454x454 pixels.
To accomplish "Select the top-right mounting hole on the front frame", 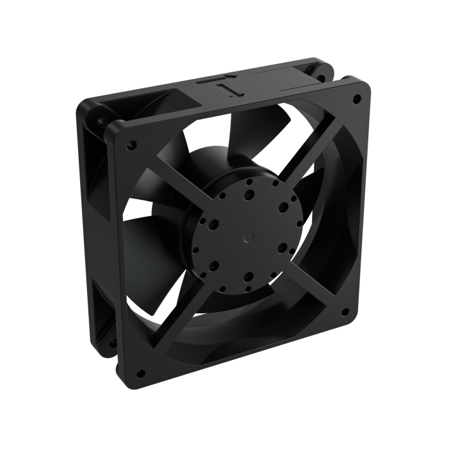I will pos(358,99).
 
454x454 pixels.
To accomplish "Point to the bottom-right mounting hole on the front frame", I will pos(345,311).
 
